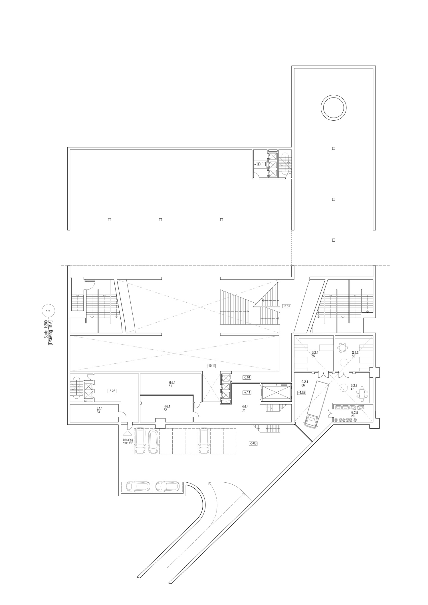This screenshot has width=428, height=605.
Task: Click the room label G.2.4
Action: [315, 353]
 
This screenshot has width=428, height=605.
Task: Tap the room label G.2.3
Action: [355, 353]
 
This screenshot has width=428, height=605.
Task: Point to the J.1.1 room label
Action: [100, 408]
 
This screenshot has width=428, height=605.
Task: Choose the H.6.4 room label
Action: [245, 406]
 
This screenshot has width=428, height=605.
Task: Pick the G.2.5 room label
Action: [354, 412]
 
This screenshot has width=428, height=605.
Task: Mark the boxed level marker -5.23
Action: [112, 391]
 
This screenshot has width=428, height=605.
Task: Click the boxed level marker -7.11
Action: [247, 392]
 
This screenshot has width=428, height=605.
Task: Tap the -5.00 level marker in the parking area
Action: [253, 443]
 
